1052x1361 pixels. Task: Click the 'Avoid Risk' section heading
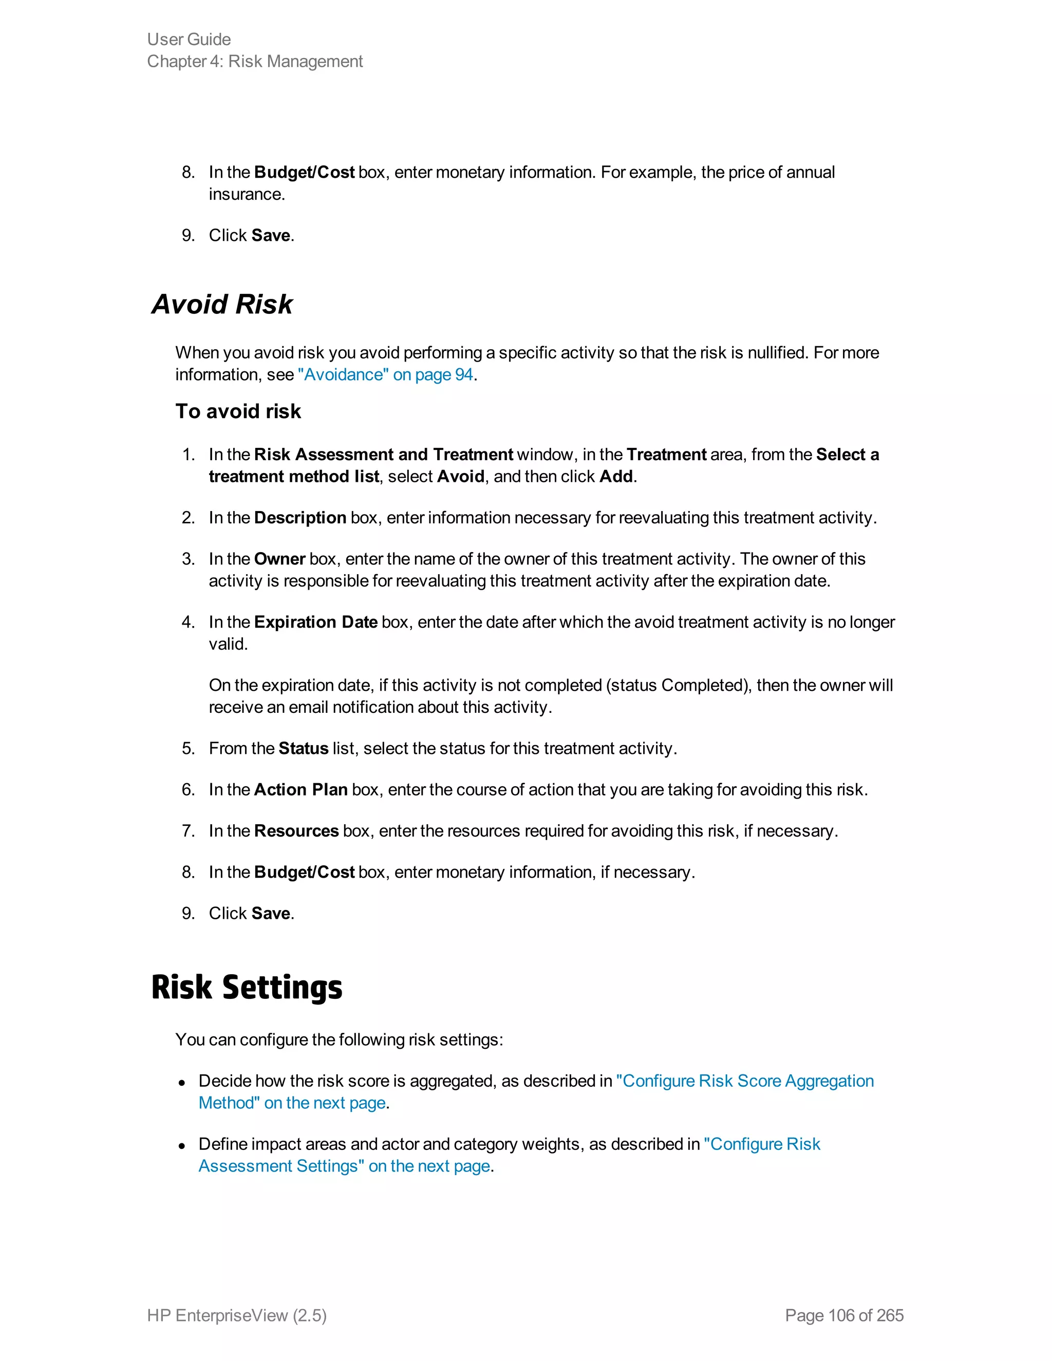pyautogui.click(x=222, y=305)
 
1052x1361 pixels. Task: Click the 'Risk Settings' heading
pyautogui.click(x=246, y=988)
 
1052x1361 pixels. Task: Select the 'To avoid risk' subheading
pyautogui.click(x=238, y=411)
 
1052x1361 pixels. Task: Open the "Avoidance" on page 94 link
pyautogui.click(x=385, y=374)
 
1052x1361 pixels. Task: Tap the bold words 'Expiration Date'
pyautogui.click(x=315, y=622)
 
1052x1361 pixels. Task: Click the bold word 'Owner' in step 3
pyautogui.click(x=279, y=559)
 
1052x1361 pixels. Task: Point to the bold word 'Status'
pyautogui.click(x=303, y=748)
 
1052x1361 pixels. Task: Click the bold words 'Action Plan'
pyautogui.click(x=300, y=789)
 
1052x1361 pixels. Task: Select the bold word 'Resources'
pyautogui.click(x=296, y=830)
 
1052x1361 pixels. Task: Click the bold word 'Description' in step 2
pyautogui.click(x=300, y=518)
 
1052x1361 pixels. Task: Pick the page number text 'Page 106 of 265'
pyautogui.click(x=844, y=1315)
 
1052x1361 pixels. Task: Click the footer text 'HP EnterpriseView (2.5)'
pyautogui.click(x=237, y=1315)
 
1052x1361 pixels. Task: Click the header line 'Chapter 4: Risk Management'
pyautogui.click(x=254, y=62)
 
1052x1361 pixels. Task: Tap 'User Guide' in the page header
pyautogui.click(x=189, y=39)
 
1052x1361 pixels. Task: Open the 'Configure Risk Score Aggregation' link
pyautogui.click(x=745, y=1081)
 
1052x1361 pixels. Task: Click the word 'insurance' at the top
pyautogui.click(x=246, y=195)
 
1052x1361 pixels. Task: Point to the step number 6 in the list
pyautogui.click(x=187, y=789)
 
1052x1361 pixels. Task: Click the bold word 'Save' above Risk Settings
pyautogui.click(x=271, y=914)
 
